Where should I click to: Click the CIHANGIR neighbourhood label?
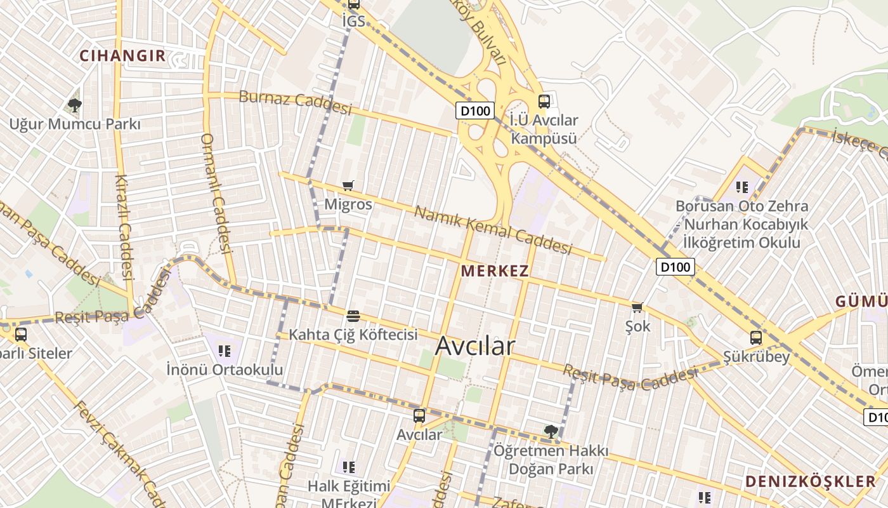pyautogui.click(x=122, y=56)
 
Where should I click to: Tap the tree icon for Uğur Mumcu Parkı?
pyautogui.click(x=75, y=105)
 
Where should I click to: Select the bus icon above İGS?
pyautogui.click(x=353, y=4)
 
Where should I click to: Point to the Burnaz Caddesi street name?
pyautogui.click(x=295, y=103)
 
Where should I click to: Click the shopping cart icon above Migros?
pyautogui.click(x=348, y=186)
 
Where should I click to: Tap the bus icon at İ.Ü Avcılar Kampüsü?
pyautogui.click(x=544, y=102)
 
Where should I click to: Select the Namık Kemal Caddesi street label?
pyautogui.click(x=493, y=230)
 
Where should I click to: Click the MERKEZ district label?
pyautogui.click(x=495, y=271)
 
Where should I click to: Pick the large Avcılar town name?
pyautogui.click(x=475, y=346)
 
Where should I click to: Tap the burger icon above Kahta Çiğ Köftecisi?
pyautogui.click(x=353, y=316)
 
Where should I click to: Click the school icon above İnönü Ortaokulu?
pyautogui.click(x=224, y=351)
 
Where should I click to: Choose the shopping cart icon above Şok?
pyautogui.click(x=637, y=308)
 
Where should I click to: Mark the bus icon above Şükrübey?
pyautogui.click(x=756, y=338)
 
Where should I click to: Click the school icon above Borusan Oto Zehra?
pyautogui.click(x=742, y=187)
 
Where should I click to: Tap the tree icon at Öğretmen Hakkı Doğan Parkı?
pyautogui.click(x=551, y=432)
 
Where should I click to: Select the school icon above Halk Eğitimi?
pyautogui.click(x=348, y=467)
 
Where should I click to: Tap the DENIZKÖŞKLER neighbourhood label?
pyautogui.click(x=810, y=481)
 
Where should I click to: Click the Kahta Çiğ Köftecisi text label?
pyautogui.click(x=353, y=334)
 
